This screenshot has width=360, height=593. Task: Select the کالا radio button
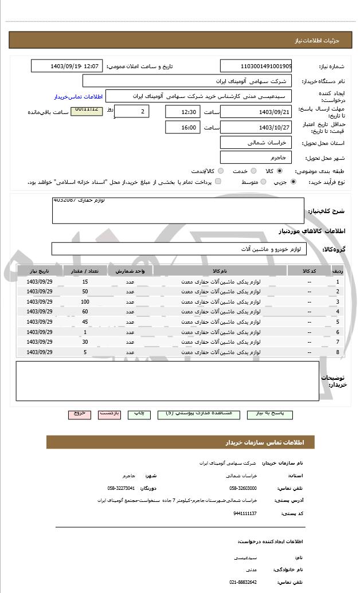pos(280,171)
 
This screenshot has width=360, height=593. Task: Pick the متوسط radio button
pos(263,182)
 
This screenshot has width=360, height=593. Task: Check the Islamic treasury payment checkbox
pos(218,182)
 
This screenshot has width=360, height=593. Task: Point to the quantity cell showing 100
pos(85,301)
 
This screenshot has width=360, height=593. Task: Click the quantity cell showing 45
pos(85,321)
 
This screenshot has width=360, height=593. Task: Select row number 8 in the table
pos(338,352)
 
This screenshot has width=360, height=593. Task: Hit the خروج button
pos(79,413)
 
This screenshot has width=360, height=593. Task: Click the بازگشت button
pos(109,413)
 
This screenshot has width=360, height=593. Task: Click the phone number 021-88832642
pos(243,582)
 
